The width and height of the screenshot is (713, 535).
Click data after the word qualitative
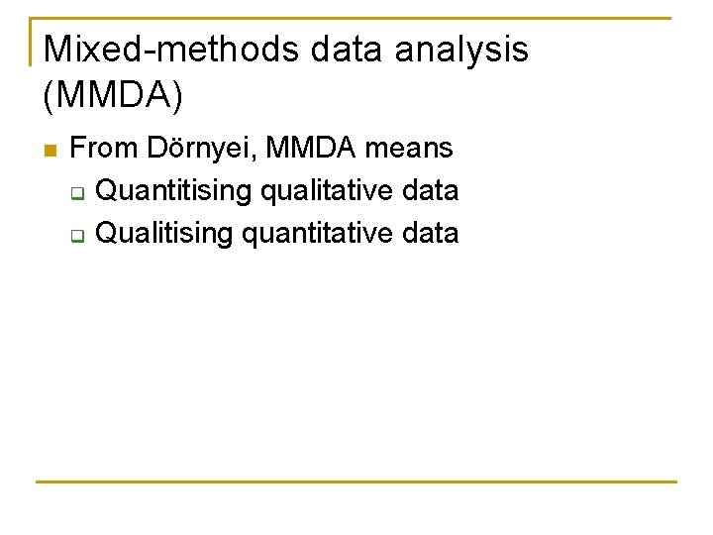point(432,190)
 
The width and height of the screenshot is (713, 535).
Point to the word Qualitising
point(165,234)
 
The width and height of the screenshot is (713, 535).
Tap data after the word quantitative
point(432,234)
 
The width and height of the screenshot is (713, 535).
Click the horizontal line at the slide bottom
point(356,482)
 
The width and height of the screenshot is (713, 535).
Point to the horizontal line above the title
point(356,18)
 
